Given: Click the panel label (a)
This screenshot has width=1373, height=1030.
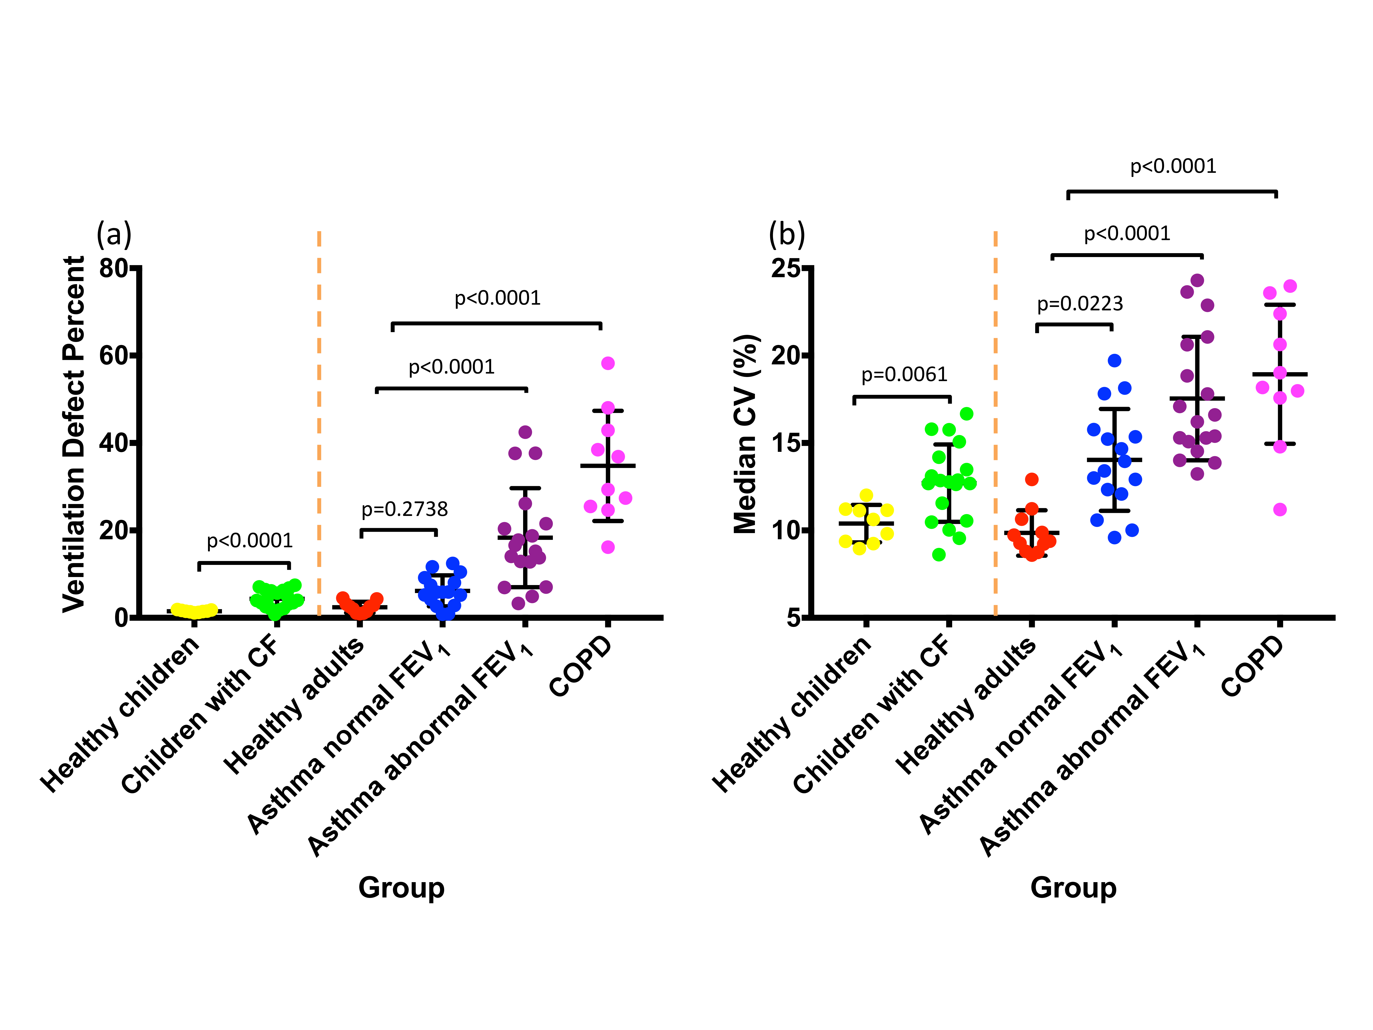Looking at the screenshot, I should pyautogui.click(x=114, y=235).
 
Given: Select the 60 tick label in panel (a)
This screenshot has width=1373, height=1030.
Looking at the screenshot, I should pyautogui.click(x=114, y=356).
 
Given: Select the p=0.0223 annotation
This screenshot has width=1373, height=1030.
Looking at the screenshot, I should pyautogui.click(x=1080, y=304).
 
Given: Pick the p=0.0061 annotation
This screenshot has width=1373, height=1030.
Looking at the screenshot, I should pyautogui.click(x=904, y=374).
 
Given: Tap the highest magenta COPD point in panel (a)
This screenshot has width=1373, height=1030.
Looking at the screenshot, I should pyautogui.click(x=608, y=363).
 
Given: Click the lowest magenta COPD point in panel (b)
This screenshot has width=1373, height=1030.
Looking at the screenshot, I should pyautogui.click(x=1280, y=510).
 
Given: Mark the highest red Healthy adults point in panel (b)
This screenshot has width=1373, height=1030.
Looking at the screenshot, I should pyautogui.click(x=1032, y=479).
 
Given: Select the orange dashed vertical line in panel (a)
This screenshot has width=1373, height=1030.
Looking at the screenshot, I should pyautogui.click(x=319, y=422).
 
